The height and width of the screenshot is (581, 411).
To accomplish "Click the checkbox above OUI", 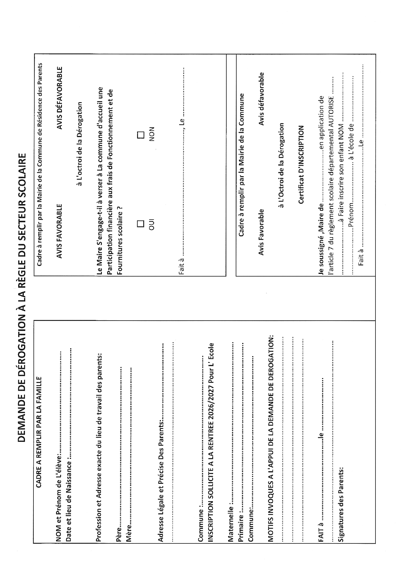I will [141, 224].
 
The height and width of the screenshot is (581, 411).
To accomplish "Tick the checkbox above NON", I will [141, 135].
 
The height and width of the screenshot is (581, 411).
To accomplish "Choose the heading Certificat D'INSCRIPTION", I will [301, 164].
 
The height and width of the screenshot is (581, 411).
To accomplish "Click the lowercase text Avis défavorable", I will [261, 99].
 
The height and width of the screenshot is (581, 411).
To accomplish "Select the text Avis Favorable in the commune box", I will [261, 232].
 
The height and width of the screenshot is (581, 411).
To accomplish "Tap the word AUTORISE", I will [331, 112].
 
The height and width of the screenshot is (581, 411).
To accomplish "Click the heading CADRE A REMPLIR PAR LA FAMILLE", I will [38, 432].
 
